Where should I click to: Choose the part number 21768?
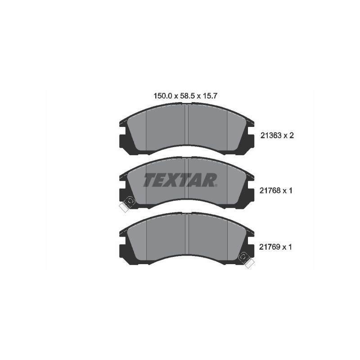(x=271, y=191)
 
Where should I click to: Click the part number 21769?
(x=271, y=247)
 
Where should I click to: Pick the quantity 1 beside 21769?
(x=291, y=247)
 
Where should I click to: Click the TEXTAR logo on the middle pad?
(x=180, y=180)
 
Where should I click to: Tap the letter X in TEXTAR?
(x=174, y=180)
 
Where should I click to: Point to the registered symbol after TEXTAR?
(x=216, y=185)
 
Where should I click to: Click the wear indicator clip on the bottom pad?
(x=246, y=259)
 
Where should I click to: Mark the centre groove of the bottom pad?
(x=186, y=238)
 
